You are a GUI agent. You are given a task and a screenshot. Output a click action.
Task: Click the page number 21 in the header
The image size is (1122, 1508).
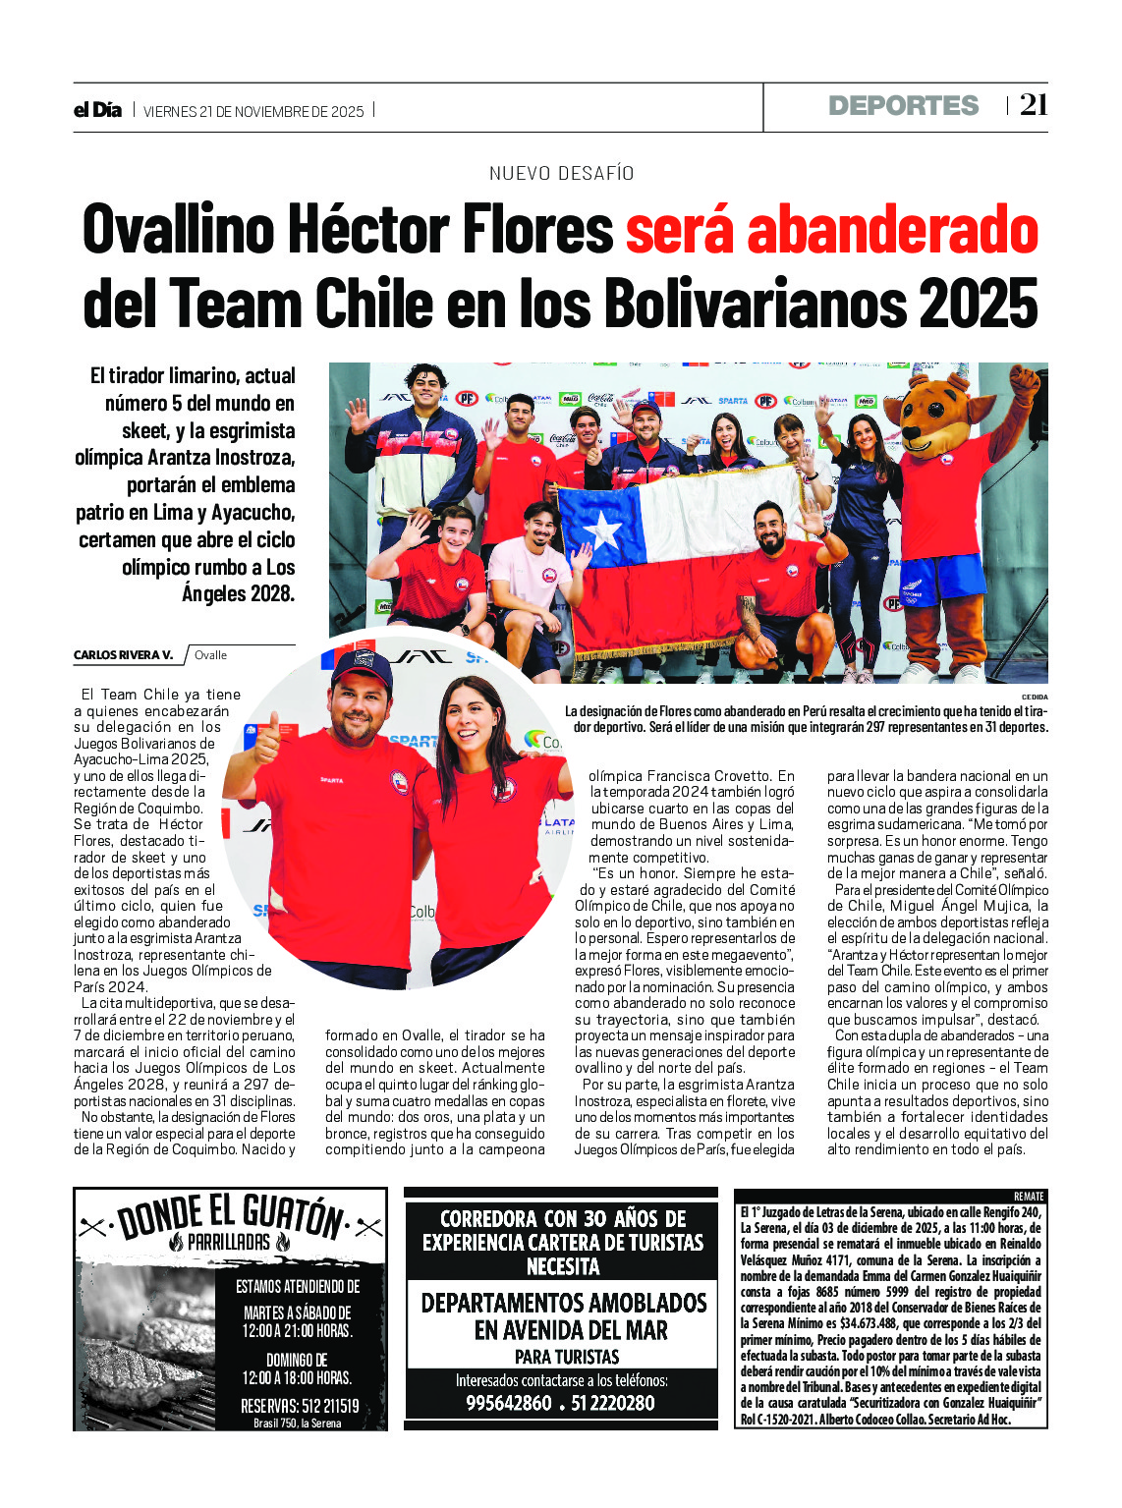point(1033,105)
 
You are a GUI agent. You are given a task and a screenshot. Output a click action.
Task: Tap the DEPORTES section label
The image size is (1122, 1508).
point(903,106)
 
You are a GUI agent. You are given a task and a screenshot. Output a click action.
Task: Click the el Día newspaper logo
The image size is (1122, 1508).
point(97,110)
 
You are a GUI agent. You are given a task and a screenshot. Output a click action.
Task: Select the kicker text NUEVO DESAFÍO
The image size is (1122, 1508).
point(561,174)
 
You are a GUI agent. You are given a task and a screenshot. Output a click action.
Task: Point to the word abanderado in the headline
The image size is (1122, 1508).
point(892,230)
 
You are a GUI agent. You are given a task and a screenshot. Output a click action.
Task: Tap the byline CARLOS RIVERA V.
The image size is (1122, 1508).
point(123,655)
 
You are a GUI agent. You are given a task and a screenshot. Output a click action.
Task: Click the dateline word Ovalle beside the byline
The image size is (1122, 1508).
point(210,655)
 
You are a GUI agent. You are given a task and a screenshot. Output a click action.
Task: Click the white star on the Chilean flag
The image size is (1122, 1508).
point(602,531)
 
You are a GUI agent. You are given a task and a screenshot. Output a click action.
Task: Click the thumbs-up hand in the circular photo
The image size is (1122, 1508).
point(266,740)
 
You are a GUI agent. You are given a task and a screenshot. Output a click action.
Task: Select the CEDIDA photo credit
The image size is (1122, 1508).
point(1035,697)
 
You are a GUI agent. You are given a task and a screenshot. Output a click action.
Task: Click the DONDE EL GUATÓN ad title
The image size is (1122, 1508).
point(231,1215)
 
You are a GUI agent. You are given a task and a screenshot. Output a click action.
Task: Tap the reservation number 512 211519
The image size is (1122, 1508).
point(300,1406)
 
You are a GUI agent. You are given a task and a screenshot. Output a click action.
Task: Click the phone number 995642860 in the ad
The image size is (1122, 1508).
point(508,1403)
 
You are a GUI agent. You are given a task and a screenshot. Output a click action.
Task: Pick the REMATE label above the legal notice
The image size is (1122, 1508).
point(1029,1197)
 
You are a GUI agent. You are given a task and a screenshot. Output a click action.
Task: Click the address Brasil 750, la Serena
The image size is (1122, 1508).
point(297,1423)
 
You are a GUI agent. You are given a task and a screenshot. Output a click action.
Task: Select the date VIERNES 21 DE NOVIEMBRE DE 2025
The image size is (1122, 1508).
point(253,112)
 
